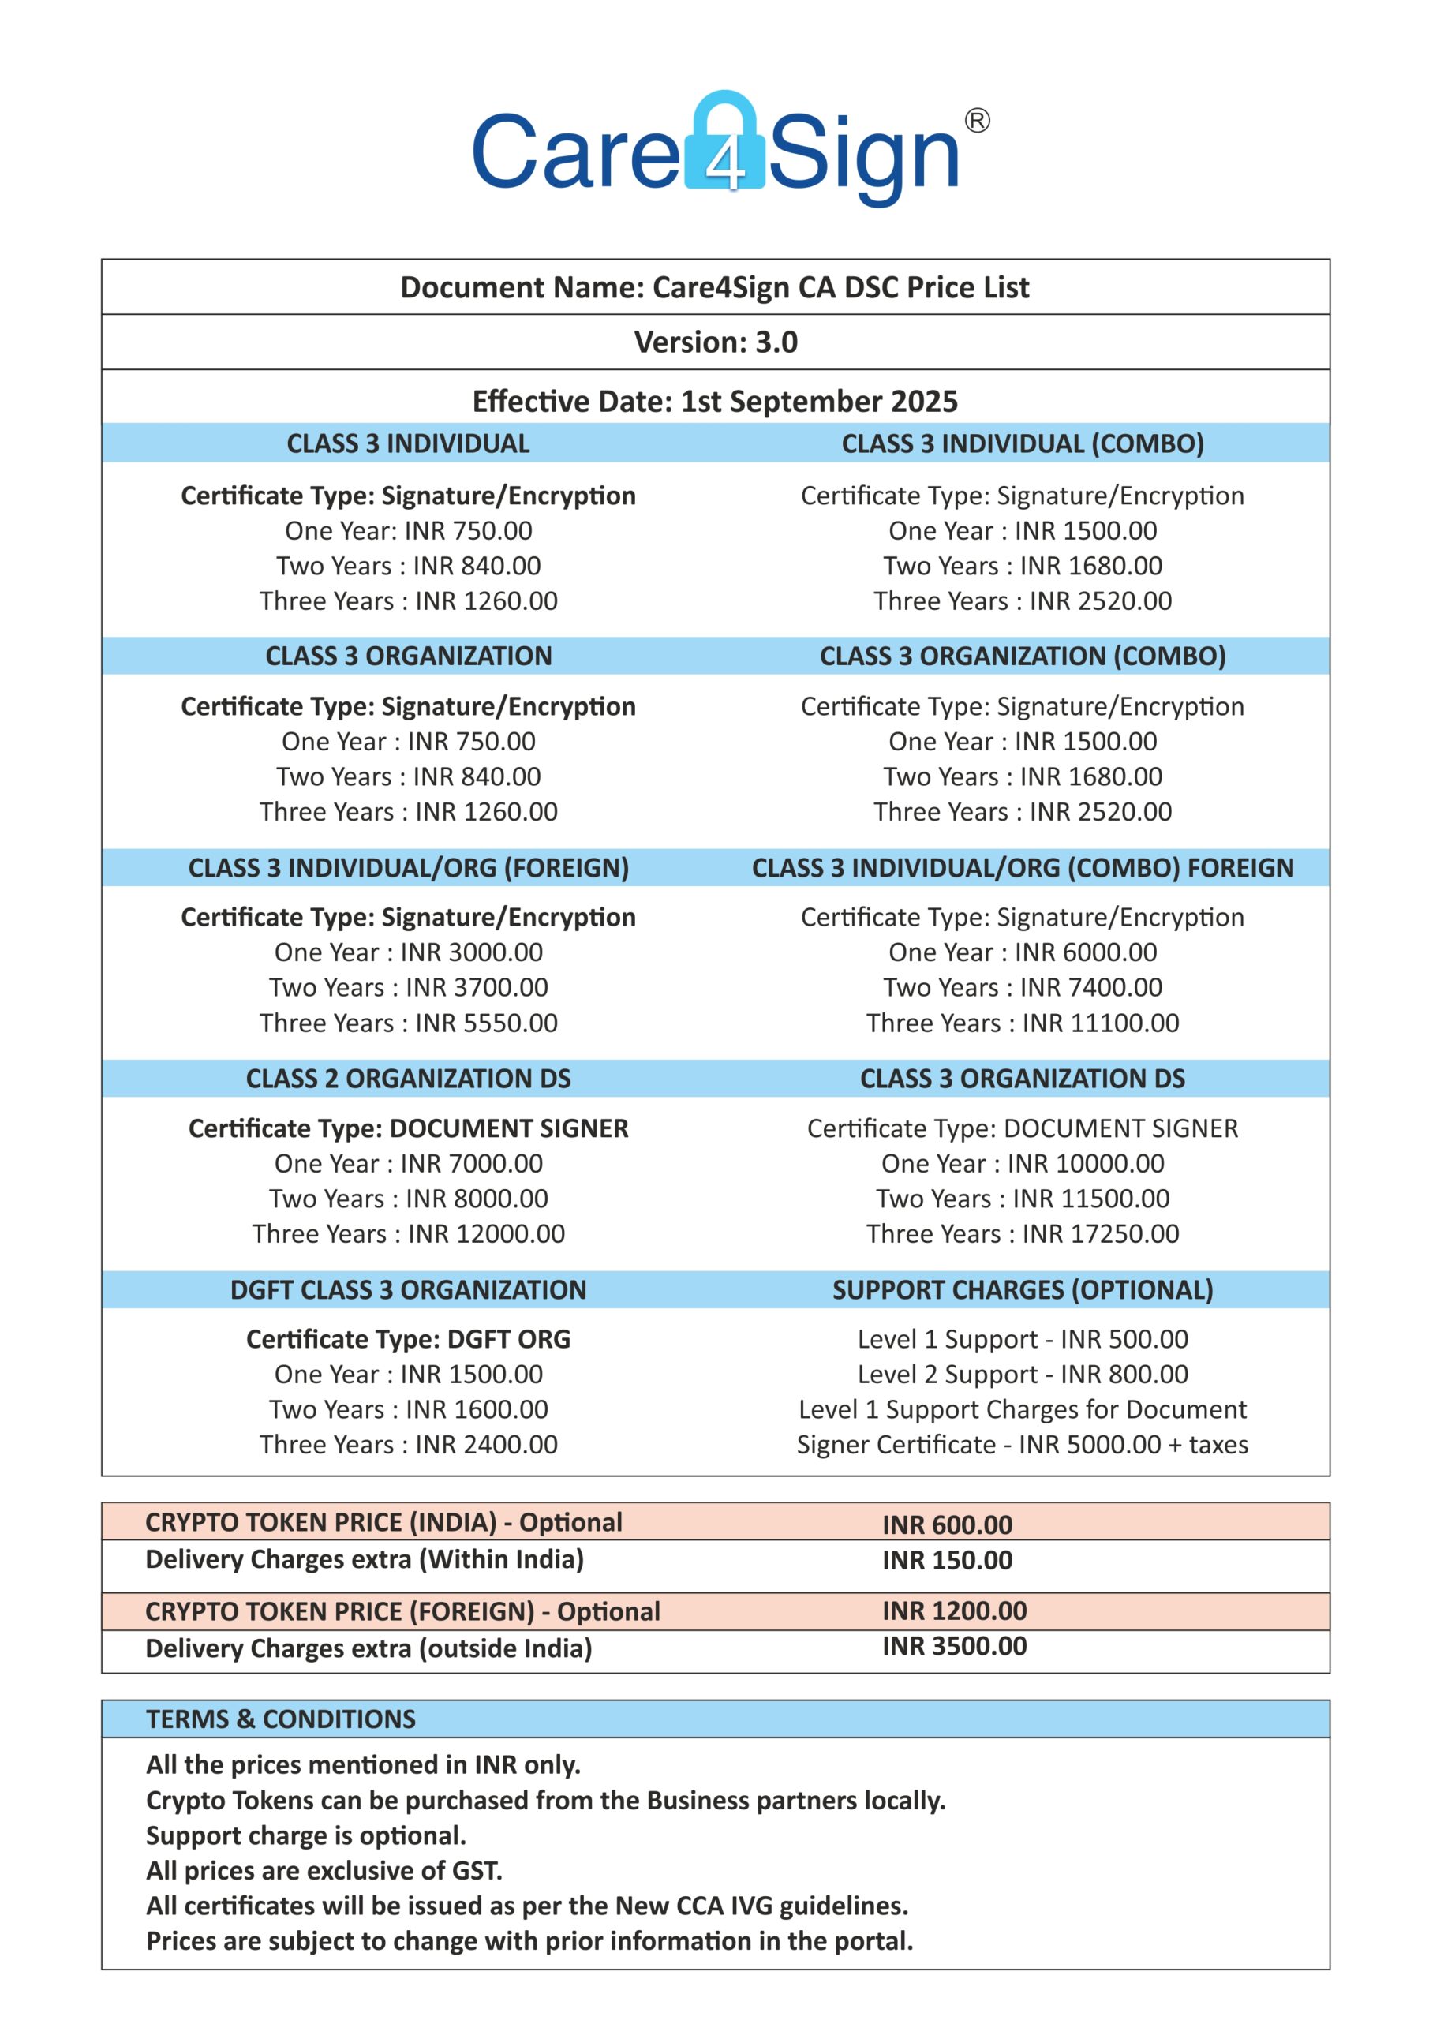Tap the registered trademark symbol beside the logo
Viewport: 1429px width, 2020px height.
coord(977,121)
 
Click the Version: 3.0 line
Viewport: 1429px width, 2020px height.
coord(716,342)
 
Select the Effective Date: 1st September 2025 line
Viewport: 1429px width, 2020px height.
coord(715,401)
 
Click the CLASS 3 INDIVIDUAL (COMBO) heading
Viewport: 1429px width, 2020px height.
coord(1023,443)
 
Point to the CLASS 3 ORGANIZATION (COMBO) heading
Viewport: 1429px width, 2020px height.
coord(1023,656)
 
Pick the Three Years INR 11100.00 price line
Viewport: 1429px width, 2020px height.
coord(1023,1023)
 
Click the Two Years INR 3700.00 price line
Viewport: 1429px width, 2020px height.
coord(408,987)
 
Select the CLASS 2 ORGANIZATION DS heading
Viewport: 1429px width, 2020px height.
coord(408,1079)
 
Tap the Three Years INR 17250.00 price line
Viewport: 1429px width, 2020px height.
coord(1023,1233)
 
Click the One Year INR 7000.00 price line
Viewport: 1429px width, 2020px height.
coord(408,1163)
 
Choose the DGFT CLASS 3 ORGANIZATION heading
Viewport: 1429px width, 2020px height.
coord(408,1290)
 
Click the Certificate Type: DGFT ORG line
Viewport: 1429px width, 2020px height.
coord(408,1339)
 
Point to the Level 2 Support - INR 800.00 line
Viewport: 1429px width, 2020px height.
coord(1023,1375)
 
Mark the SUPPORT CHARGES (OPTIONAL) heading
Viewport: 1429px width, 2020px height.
coord(1023,1290)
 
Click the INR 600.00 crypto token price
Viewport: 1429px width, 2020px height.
coord(947,1524)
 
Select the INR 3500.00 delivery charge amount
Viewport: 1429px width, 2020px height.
coord(954,1646)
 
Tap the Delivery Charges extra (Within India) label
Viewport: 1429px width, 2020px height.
coord(365,1560)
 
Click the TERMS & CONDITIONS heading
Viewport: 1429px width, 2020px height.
coord(281,1719)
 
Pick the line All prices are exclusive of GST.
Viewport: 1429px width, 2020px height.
coord(324,1870)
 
